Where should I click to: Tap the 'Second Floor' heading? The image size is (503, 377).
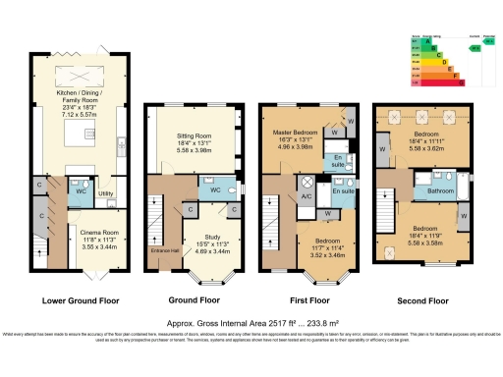422,299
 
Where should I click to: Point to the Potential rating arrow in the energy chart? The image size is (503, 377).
475,46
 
